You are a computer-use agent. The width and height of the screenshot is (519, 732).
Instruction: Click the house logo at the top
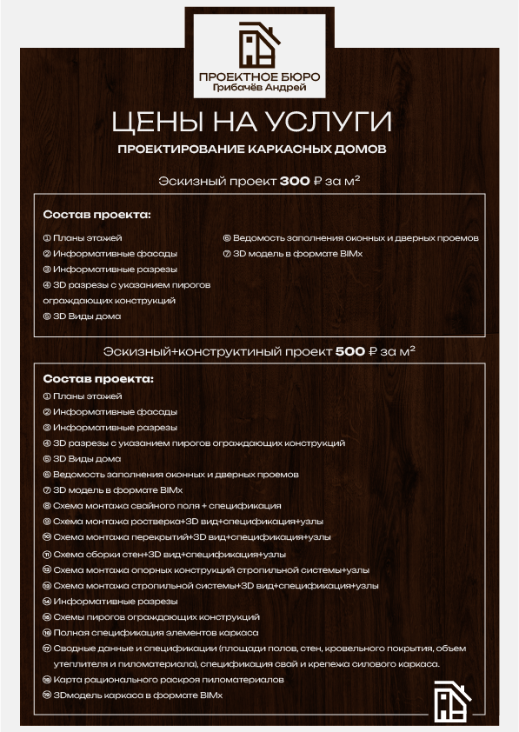click(259, 44)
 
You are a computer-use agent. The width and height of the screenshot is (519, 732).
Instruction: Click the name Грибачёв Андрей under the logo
click(259, 88)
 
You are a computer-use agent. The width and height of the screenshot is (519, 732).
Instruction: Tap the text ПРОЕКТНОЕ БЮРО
click(259, 77)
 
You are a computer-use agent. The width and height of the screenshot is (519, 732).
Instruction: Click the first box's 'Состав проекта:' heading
click(96, 214)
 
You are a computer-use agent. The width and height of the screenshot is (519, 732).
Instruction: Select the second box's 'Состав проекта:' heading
click(96, 379)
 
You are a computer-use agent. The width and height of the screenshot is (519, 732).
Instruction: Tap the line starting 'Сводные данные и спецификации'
click(253, 649)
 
